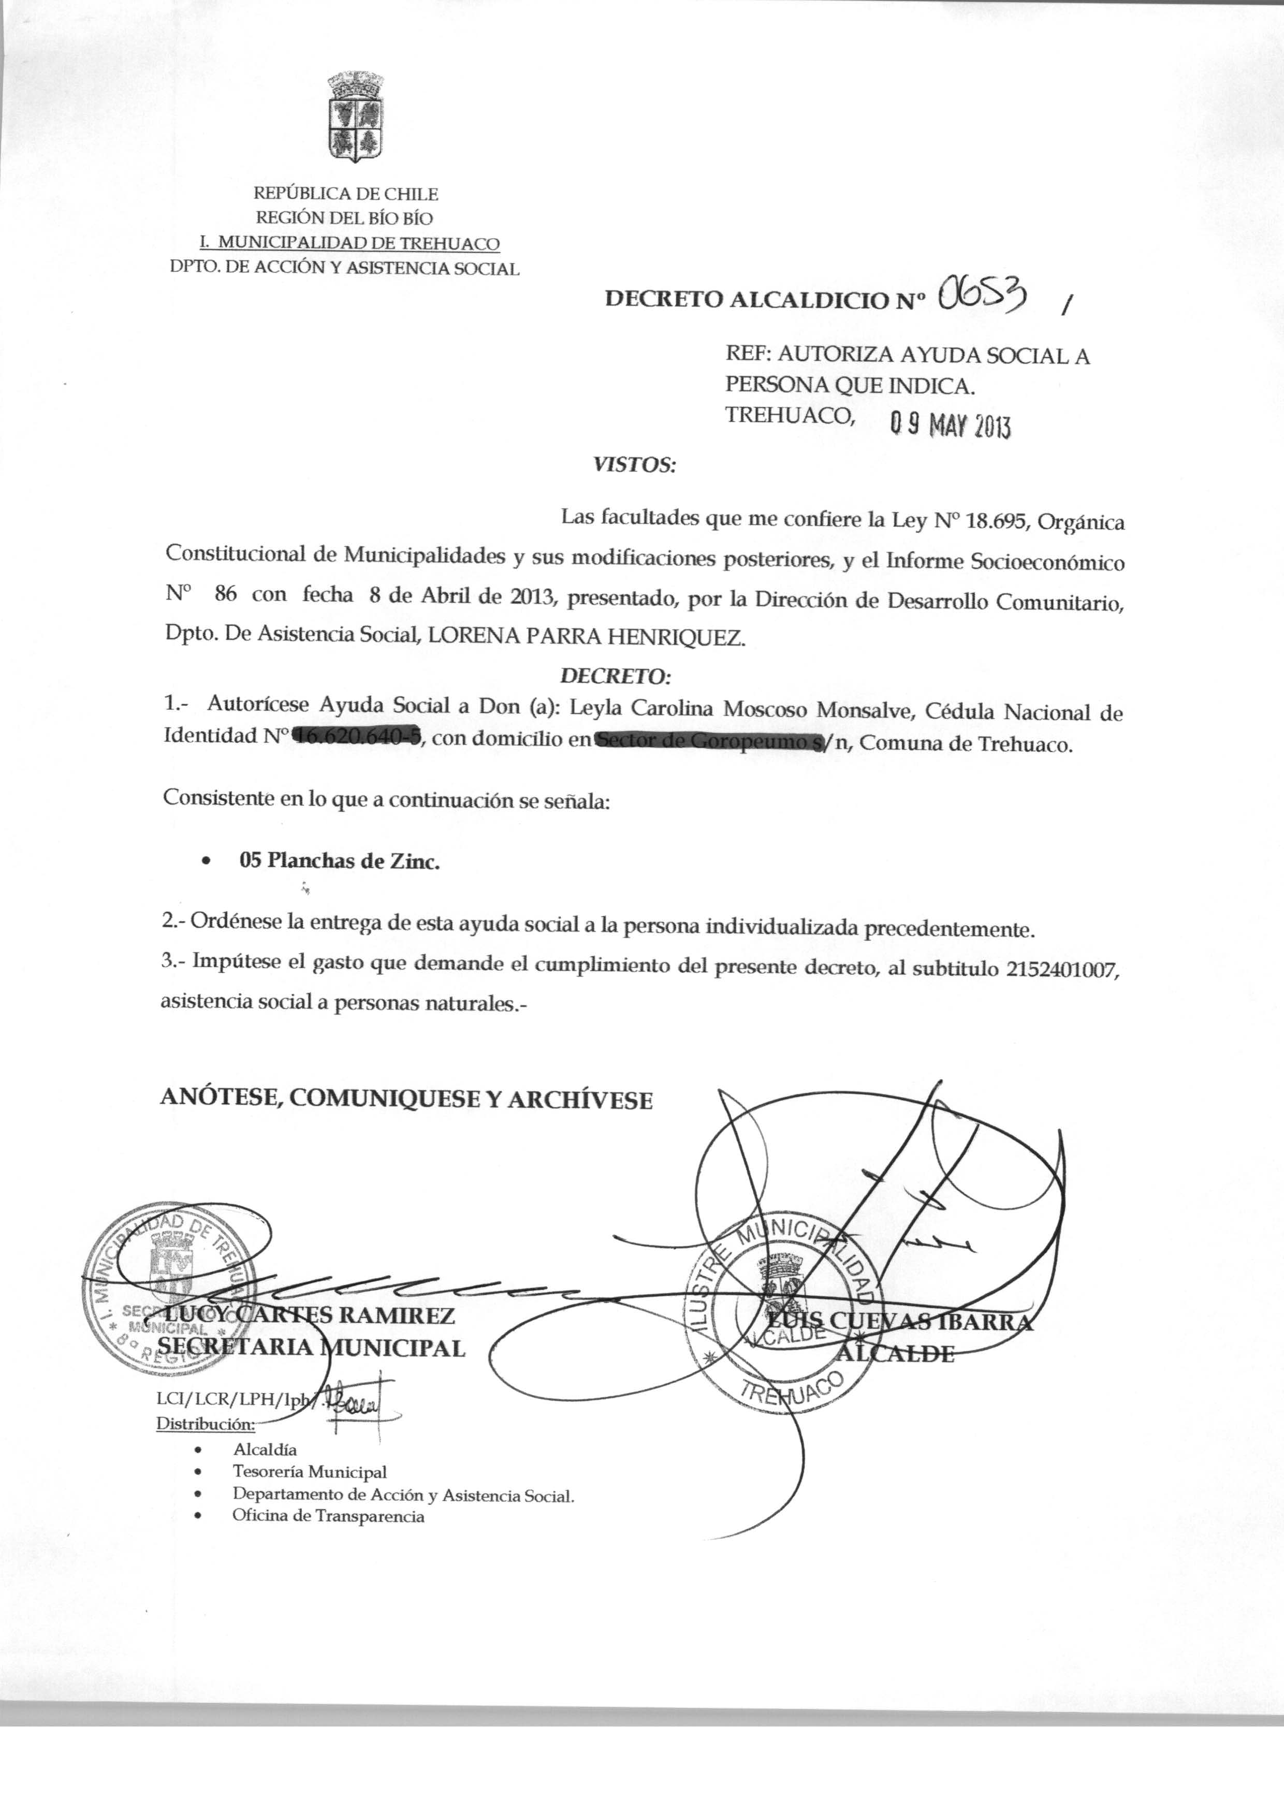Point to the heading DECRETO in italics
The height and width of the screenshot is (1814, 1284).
click(x=615, y=677)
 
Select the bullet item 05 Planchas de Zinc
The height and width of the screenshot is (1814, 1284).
click(x=339, y=861)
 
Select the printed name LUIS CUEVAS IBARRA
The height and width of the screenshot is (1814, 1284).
click(x=899, y=1322)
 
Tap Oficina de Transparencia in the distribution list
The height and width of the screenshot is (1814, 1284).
click(x=328, y=1516)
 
